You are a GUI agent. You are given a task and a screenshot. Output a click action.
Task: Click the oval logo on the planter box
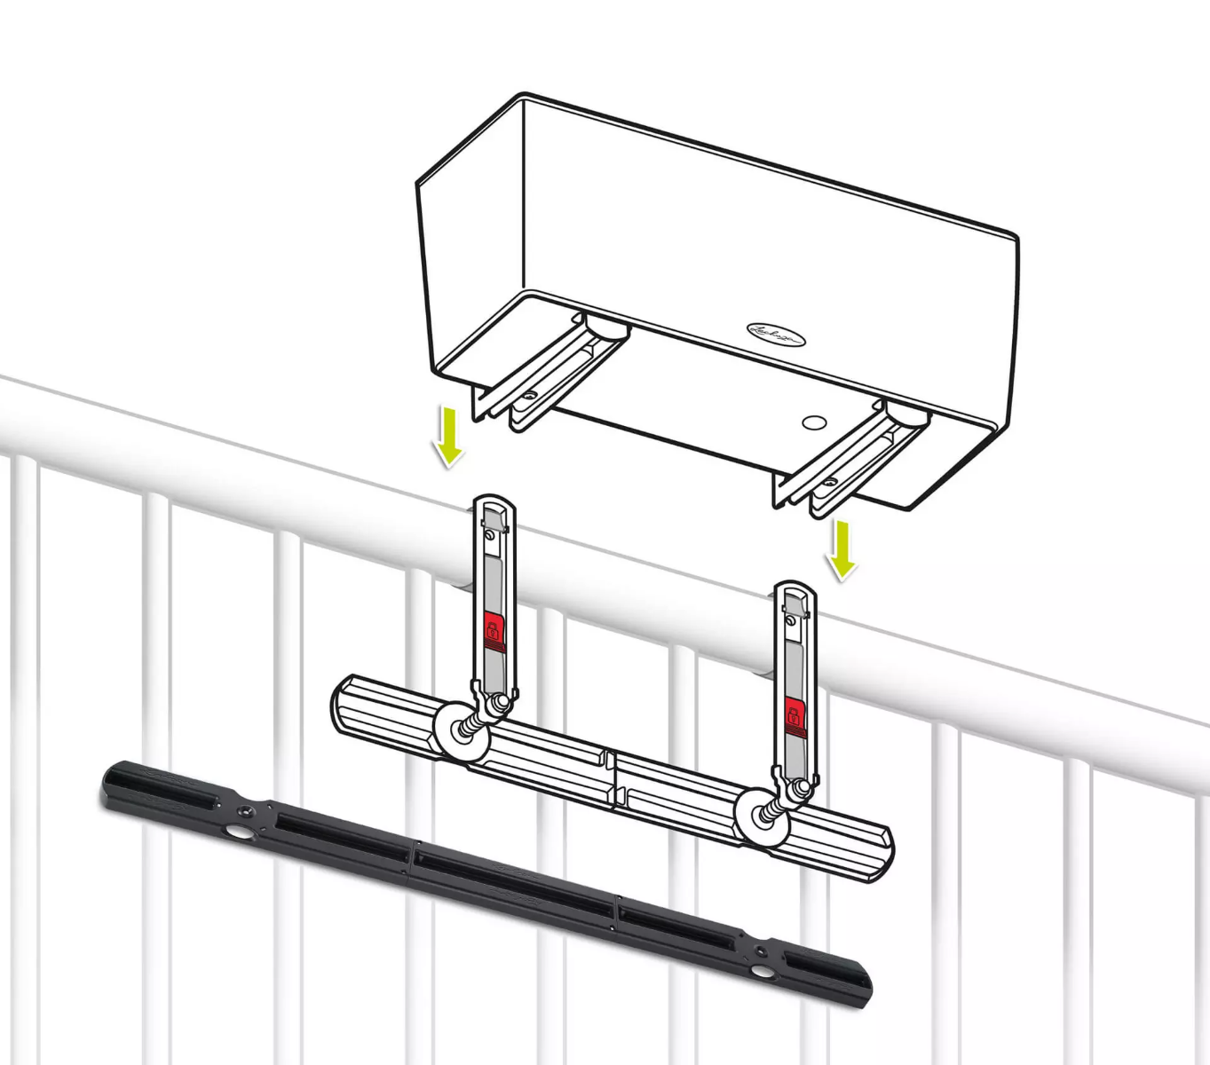click(776, 335)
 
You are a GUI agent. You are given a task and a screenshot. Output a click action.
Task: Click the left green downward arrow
click(450, 436)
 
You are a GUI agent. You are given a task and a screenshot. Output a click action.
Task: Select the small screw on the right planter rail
click(830, 482)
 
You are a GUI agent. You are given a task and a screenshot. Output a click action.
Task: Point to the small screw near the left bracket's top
click(487, 535)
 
